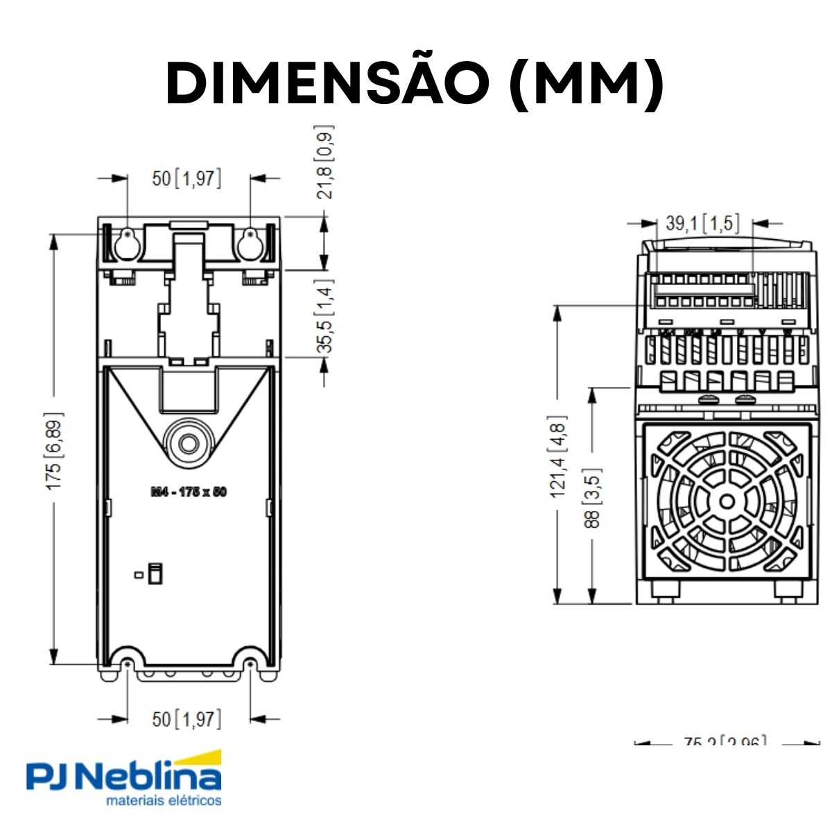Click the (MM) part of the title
(587, 83)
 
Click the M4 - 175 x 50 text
(189, 492)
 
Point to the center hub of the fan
(726, 501)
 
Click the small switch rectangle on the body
(155, 573)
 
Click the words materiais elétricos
(164, 801)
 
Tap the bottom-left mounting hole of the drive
(127, 664)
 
